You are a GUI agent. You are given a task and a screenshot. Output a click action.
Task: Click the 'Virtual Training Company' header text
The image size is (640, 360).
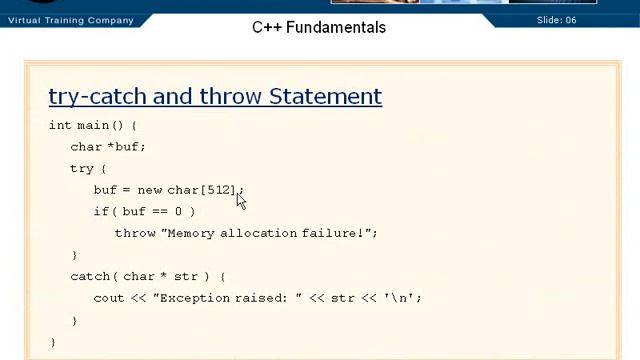pyautogui.click(x=70, y=20)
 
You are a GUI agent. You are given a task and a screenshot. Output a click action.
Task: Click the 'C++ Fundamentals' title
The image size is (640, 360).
pyautogui.click(x=318, y=27)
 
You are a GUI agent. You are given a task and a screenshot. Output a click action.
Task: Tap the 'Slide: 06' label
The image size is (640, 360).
pyautogui.click(x=556, y=20)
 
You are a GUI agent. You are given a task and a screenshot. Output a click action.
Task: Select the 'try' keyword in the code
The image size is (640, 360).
pyautogui.click(x=81, y=168)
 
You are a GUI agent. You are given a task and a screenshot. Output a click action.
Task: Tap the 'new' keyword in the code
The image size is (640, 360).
pyautogui.click(x=150, y=190)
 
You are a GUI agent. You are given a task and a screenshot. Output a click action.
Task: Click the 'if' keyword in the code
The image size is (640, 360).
pyautogui.click(x=100, y=211)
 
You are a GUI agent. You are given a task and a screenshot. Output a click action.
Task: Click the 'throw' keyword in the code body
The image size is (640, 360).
pyautogui.click(x=135, y=233)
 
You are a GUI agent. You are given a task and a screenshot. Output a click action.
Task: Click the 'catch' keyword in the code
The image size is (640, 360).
pyautogui.click(x=90, y=276)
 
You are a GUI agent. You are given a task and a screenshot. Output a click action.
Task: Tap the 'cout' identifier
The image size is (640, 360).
pyautogui.click(x=108, y=298)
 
